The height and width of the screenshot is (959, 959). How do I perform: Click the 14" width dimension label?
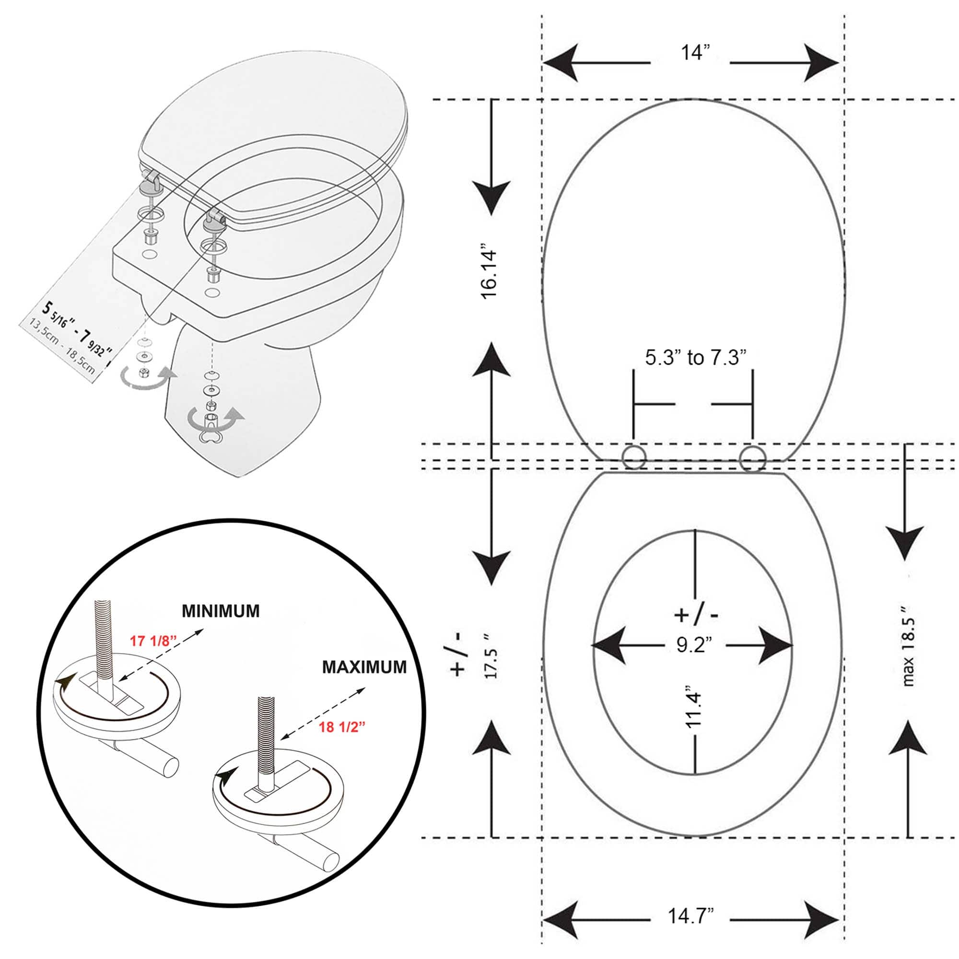695,52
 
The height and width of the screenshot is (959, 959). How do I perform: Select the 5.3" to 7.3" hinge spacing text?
695,357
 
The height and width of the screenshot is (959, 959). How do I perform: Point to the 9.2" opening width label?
694,645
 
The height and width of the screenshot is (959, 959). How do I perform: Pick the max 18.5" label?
908,645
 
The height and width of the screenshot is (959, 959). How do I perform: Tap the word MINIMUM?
221,611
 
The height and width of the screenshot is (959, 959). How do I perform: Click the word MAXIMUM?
364,667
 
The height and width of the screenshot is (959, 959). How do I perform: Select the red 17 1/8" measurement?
153,641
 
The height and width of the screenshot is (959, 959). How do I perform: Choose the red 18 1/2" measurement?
342,727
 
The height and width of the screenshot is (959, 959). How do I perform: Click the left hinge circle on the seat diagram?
634,457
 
